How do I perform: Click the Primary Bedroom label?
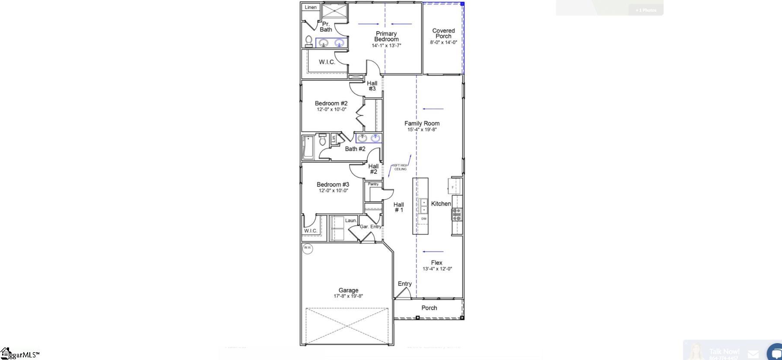point(386,36)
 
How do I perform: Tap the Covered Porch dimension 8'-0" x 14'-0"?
point(443,42)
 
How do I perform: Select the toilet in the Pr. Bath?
point(309,41)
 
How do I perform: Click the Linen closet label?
point(311,7)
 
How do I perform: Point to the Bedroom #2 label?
point(331,103)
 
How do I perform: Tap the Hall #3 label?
point(372,86)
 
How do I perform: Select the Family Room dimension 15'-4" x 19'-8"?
point(422,130)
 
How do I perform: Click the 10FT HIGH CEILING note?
point(400,167)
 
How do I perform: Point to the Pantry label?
point(373,184)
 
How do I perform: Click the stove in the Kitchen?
point(457,214)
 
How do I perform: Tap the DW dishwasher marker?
point(424,219)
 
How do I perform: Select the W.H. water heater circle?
point(307,248)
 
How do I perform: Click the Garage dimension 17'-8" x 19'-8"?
point(348,296)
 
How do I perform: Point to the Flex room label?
point(436,263)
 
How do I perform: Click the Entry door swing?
point(403,293)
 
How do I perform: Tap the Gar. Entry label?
point(371,226)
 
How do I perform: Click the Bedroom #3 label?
point(333,185)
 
